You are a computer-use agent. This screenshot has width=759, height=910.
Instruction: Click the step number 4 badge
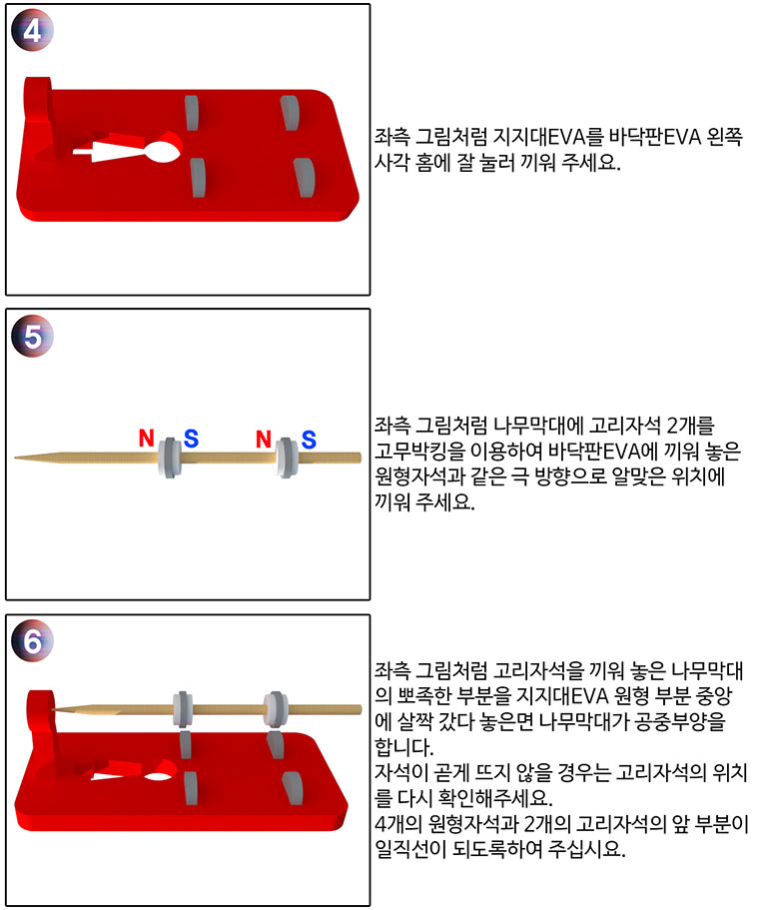point(33,30)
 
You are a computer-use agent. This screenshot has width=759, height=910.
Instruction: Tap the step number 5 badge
point(33,336)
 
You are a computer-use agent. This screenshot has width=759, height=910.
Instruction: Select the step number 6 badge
point(33,640)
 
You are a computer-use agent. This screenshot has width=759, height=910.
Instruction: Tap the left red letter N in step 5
point(147,438)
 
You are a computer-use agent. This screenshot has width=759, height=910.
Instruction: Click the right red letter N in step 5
point(264,439)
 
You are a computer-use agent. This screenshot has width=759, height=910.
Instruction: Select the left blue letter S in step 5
point(191,439)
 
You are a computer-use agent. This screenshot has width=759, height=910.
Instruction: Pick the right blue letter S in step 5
point(309,440)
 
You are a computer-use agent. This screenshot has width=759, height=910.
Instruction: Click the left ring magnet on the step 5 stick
point(170,457)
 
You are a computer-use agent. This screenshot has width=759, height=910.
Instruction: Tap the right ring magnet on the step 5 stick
point(287,457)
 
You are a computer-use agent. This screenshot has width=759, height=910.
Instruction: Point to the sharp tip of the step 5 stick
point(16,457)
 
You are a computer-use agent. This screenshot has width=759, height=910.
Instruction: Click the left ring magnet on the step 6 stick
point(183,709)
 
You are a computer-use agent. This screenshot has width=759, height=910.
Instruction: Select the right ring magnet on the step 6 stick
point(276,709)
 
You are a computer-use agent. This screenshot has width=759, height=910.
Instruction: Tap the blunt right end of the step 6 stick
point(359,710)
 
